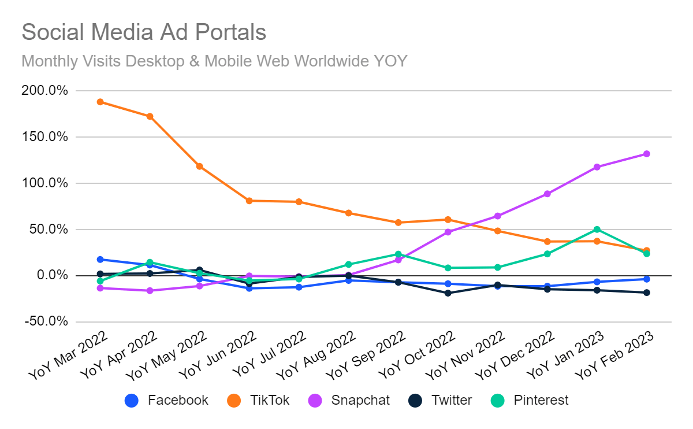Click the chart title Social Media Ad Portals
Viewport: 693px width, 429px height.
pos(144,32)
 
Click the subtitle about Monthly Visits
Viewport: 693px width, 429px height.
pos(214,60)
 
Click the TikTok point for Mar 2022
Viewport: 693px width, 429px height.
pos(100,102)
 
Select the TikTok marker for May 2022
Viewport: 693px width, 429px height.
pos(199,167)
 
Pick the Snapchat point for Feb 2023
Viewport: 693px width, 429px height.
pos(646,154)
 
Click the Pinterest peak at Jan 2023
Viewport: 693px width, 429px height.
pos(597,230)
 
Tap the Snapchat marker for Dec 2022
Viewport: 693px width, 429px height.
pos(547,194)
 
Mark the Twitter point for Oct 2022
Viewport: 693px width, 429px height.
pos(448,293)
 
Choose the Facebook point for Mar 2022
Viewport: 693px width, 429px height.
pos(100,260)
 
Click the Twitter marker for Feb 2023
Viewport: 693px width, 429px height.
pos(646,293)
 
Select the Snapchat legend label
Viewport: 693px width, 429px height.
pos(360,400)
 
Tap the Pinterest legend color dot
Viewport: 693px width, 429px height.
pos(497,400)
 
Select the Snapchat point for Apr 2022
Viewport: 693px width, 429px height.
pos(150,290)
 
